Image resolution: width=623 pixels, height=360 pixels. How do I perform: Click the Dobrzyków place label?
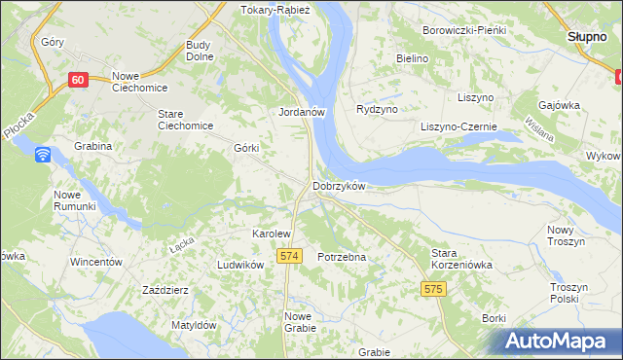coord(338,186)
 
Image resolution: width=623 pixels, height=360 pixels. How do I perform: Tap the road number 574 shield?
coord(287,255)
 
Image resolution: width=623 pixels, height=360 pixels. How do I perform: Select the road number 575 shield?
coord(434,289)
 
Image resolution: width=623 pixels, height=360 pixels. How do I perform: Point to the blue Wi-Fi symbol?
coord(43,155)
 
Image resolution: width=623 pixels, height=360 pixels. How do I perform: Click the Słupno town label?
coord(588,36)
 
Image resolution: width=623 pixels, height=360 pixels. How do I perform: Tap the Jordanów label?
coord(301,112)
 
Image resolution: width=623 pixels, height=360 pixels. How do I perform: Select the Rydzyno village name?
coord(378,110)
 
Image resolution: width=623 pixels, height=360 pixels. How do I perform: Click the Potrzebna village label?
coord(342,257)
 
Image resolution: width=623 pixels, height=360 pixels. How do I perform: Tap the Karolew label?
coord(272,234)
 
